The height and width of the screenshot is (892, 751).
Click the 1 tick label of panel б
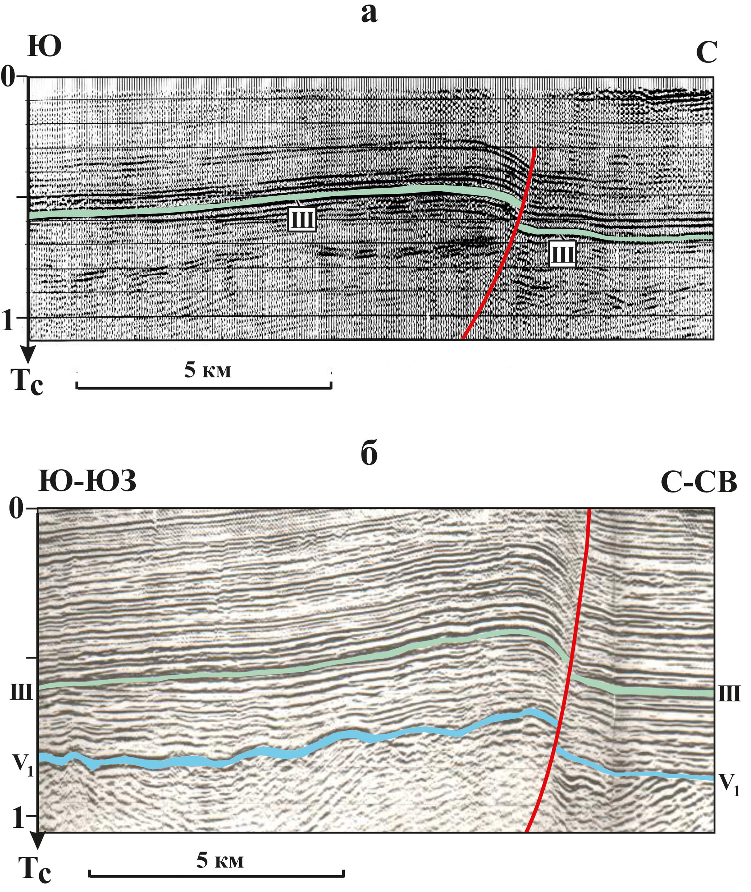click(x=18, y=816)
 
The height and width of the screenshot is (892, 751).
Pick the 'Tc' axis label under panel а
click(x=27, y=380)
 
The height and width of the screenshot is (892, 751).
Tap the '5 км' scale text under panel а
click(x=207, y=370)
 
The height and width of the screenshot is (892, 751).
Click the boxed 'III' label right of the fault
click(x=562, y=254)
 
